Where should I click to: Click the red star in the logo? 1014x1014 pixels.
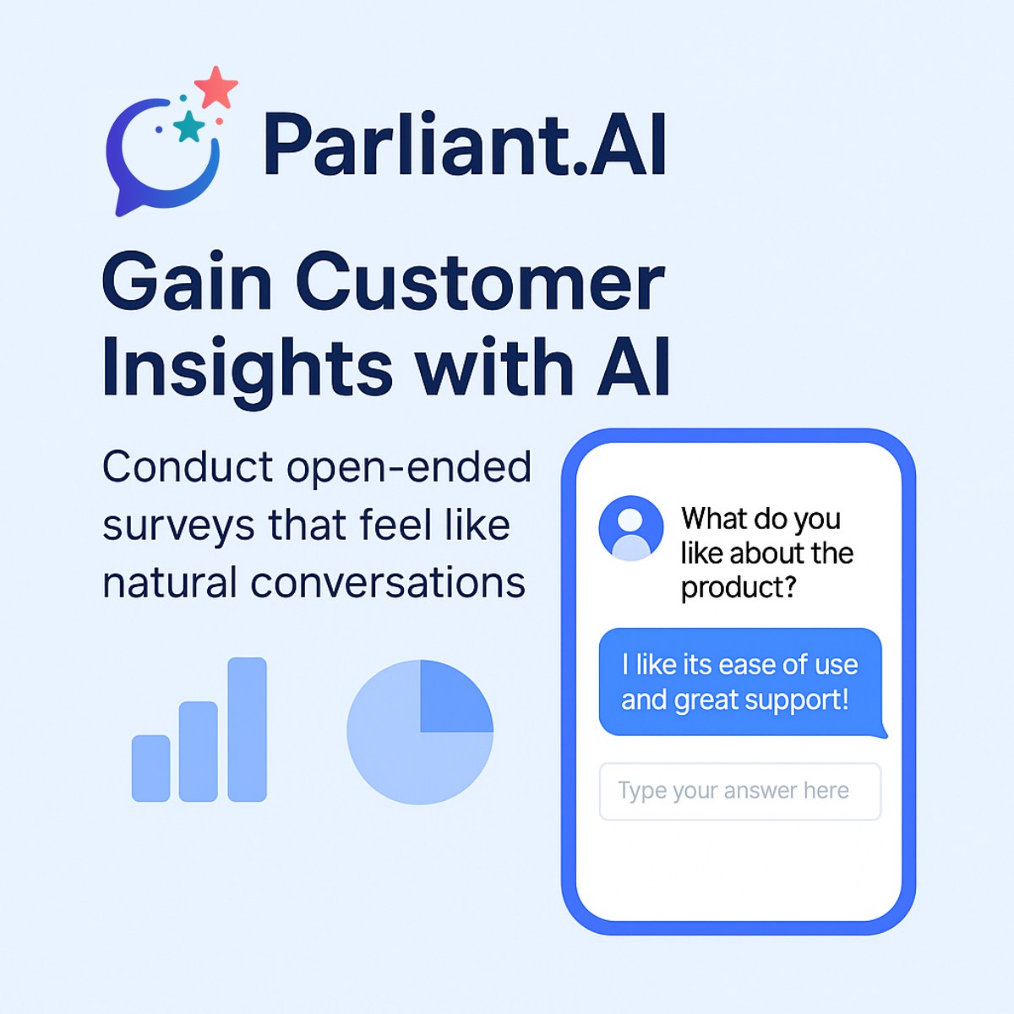click(216, 87)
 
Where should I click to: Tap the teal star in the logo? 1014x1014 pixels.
click(189, 127)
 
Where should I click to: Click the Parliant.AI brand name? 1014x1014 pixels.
click(465, 145)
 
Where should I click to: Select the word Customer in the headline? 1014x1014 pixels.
click(480, 282)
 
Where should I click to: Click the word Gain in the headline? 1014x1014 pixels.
click(187, 282)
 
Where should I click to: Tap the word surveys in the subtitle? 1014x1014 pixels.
click(178, 526)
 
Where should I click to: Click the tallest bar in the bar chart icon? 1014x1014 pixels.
click(247, 728)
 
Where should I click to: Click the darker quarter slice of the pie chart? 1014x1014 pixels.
click(455, 696)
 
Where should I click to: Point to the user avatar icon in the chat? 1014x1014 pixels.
click(630, 528)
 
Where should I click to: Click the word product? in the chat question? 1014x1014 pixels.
click(739, 587)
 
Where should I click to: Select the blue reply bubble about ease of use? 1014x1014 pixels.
click(739, 681)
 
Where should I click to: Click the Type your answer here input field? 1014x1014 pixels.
click(739, 791)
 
